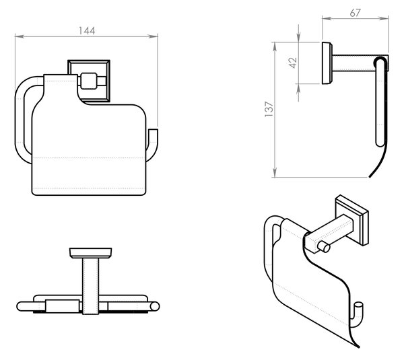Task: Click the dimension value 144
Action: point(87,31)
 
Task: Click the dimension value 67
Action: point(356,13)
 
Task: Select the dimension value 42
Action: point(293,63)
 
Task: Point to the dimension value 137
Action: point(269,110)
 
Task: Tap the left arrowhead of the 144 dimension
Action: point(20,36)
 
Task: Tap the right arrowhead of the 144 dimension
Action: point(154,36)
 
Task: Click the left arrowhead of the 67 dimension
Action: point(327,18)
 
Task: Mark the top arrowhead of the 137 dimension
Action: point(275,46)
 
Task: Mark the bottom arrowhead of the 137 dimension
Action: point(275,173)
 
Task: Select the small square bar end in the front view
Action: point(89,81)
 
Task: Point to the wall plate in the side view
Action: point(327,63)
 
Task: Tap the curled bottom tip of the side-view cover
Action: point(370,176)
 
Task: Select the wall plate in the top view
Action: point(90,253)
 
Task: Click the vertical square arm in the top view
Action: point(90,286)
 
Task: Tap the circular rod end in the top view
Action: point(155,306)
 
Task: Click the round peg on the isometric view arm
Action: point(324,247)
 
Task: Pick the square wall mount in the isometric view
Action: point(352,220)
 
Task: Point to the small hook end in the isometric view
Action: point(358,308)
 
